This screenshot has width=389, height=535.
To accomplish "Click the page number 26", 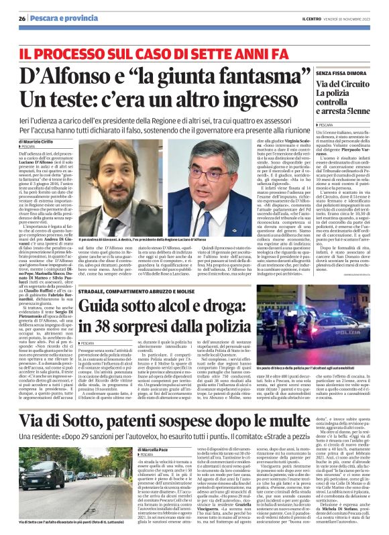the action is coord(21,18).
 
